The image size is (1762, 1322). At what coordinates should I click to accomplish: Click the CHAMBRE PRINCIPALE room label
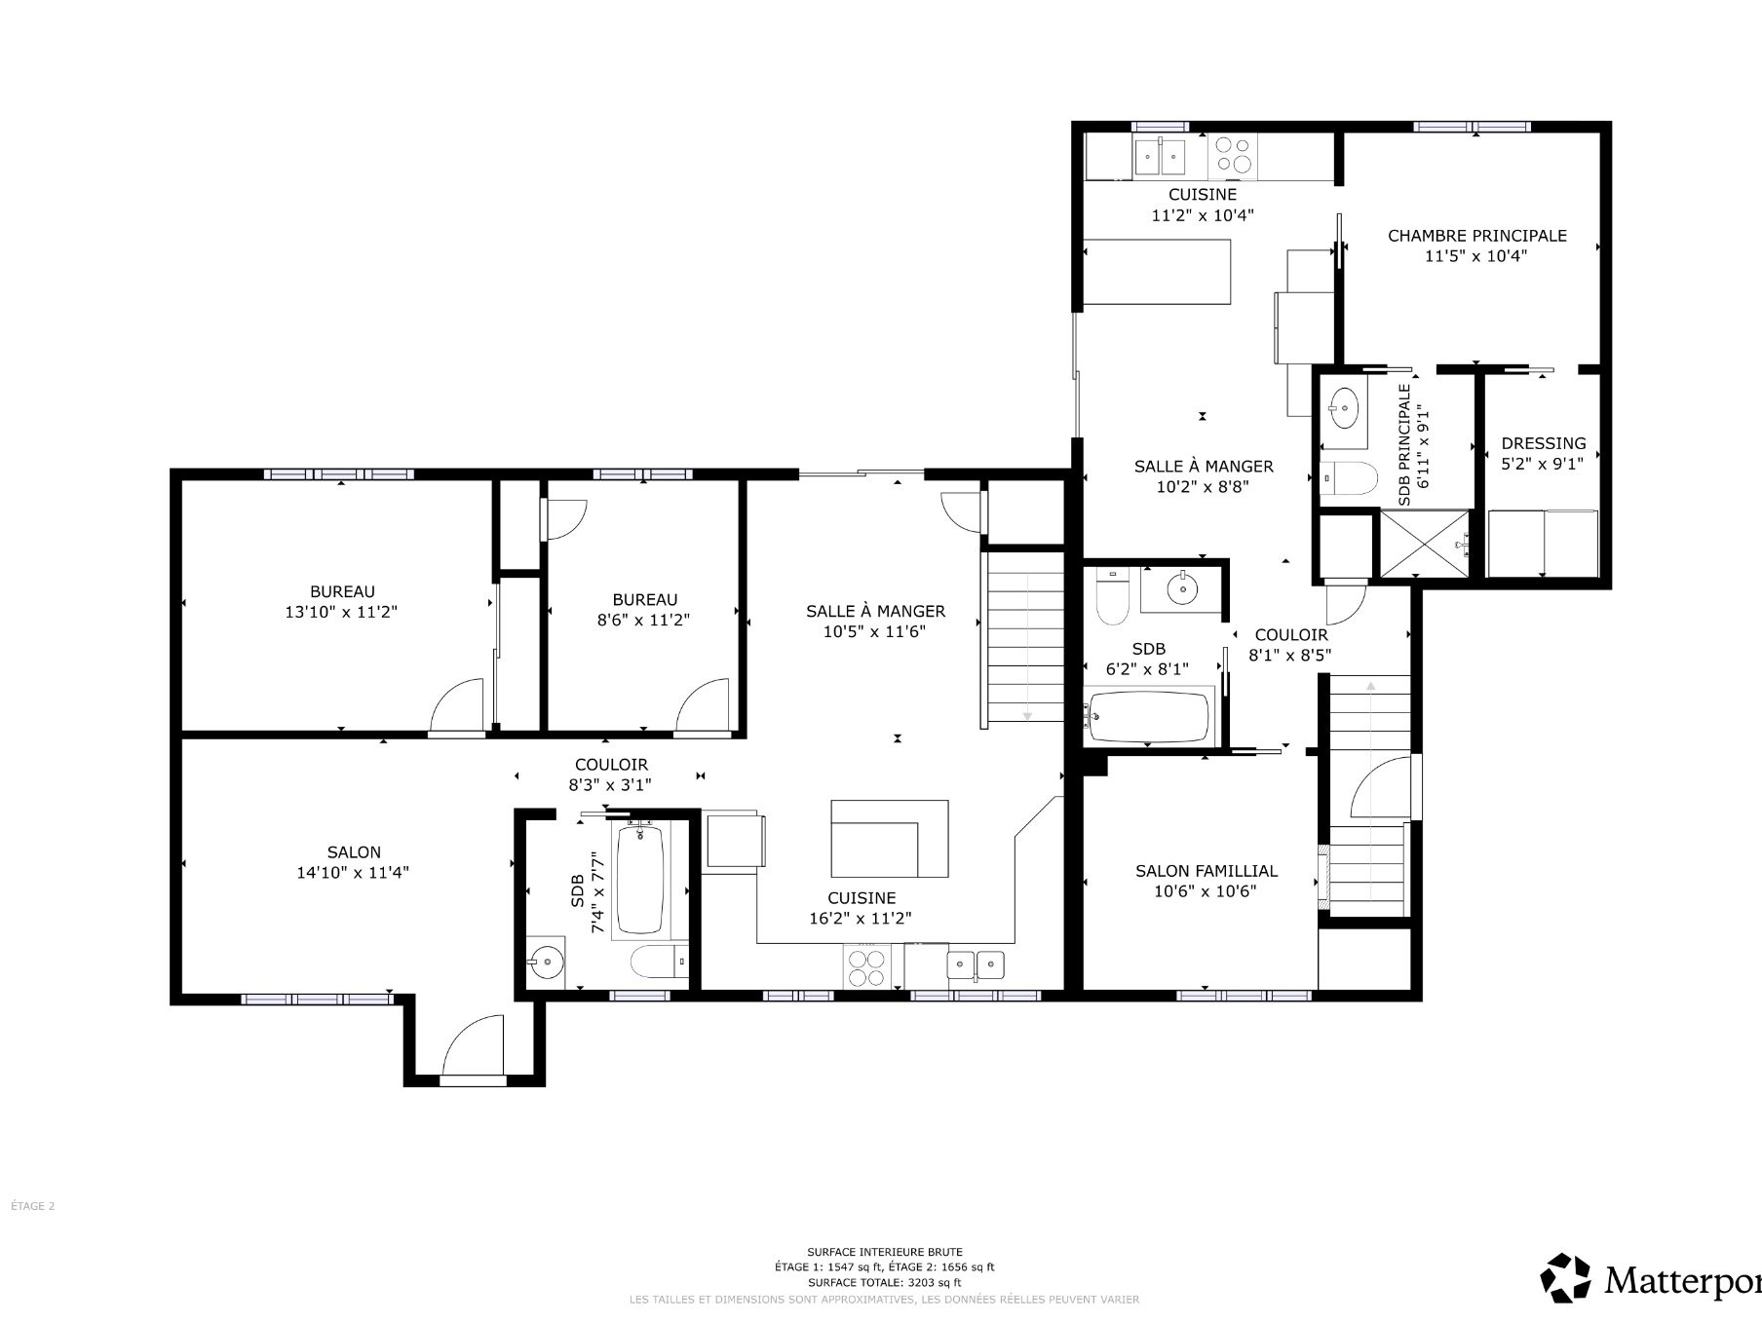click(1476, 236)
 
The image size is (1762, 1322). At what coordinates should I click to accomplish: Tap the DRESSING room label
click(1543, 443)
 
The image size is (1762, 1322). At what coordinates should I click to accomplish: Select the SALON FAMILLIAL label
click(1207, 871)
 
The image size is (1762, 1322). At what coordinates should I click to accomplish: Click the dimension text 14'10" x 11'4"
click(353, 873)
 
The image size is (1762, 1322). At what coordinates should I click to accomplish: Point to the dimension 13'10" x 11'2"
click(341, 612)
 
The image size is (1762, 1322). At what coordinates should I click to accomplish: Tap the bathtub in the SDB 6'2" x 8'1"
click(1150, 718)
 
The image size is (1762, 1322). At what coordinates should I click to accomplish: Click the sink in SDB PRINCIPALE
click(1345, 406)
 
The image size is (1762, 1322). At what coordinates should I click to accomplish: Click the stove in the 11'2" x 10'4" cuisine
click(1233, 156)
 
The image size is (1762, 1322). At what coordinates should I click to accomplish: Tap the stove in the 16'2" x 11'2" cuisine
click(867, 966)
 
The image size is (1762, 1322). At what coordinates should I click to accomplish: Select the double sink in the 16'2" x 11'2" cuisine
click(977, 965)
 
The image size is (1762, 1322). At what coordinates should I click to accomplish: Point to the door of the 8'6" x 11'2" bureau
click(701, 704)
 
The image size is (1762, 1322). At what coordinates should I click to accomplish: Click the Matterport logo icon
click(1565, 1277)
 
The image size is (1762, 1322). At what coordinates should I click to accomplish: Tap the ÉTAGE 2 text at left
click(32, 1206)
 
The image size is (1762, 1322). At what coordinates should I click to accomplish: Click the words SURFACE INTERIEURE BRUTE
click(885, 1252)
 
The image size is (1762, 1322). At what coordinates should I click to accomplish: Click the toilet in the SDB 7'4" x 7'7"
click(659, 963)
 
